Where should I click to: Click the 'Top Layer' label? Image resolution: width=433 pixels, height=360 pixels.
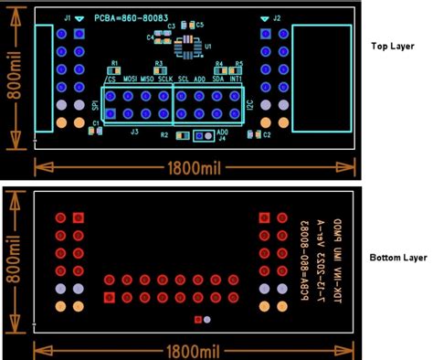pyautogui.click(x=395, y=45)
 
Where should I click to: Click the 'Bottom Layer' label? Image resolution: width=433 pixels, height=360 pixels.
pyautogui.click(x=398, y=259)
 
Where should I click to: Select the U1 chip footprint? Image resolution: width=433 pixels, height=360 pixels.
pyautogui.click(x=188, y=42)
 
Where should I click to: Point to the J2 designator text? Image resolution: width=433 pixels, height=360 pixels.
pyautogui.click(x=278, y=18)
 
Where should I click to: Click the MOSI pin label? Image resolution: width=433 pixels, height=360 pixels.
pyautogui.click(x=132, y=79)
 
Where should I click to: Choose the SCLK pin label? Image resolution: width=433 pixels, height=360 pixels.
pyautogui.click(x=165, y=79)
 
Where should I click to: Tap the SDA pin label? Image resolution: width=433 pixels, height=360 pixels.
pyautogui.click(x=218, y=79)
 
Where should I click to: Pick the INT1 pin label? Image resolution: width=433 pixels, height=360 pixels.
pyautogui.click(x=237, y=79)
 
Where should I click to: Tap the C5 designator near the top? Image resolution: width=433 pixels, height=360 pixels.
pyautogui.click(x=200, y=24)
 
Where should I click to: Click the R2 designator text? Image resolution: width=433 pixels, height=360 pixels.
pyautogui.click(x=164, y=135)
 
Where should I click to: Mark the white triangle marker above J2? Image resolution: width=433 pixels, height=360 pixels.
pyautogui.click(x=264, y=18)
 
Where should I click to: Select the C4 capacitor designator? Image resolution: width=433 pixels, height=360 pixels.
pyautogui.click(x=150, y=37)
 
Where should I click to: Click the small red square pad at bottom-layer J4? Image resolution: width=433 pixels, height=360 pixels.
pyautogui.click(x=198, y=320)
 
